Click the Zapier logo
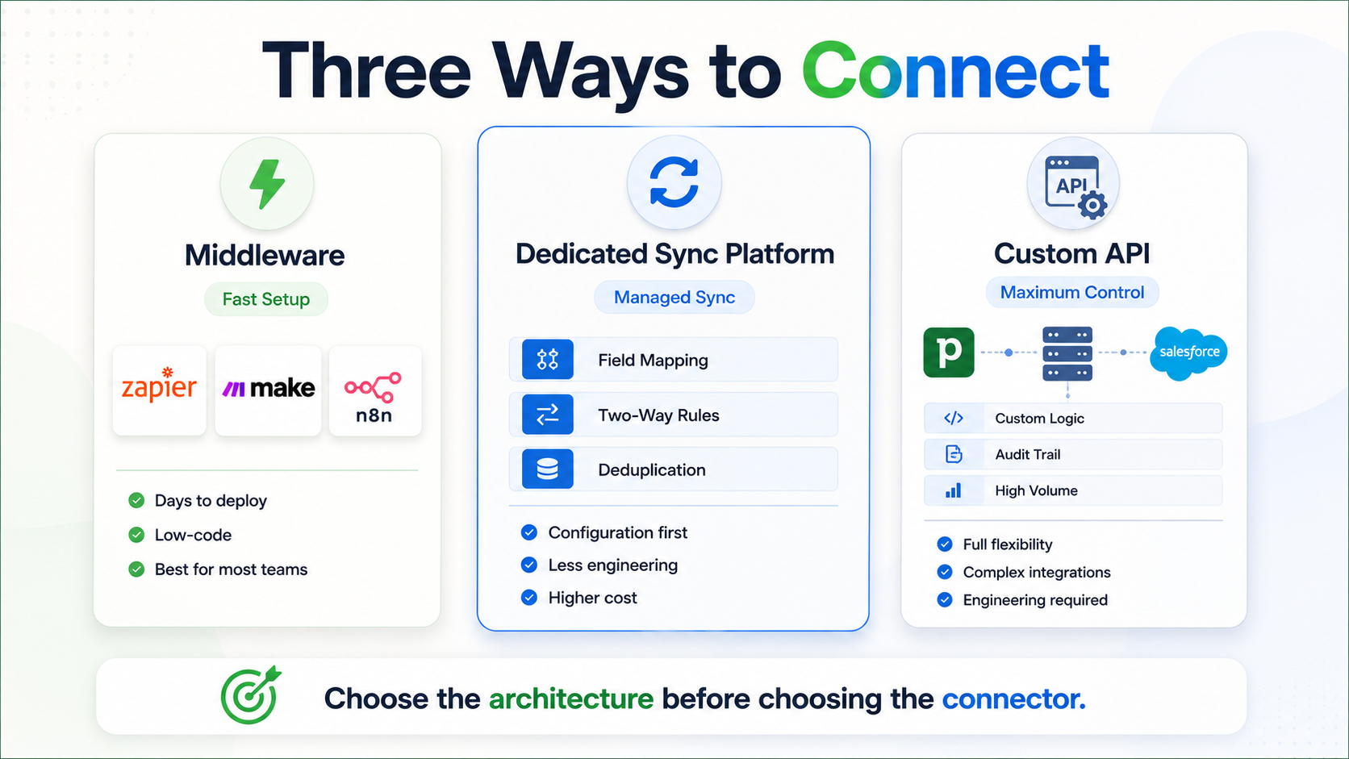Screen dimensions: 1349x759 (159, 386)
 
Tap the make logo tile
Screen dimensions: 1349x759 (268, 390)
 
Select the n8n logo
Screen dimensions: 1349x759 (374, 398)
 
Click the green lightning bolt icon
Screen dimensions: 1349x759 (267, 184)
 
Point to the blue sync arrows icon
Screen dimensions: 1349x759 (674, 182)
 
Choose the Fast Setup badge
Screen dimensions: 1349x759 (266, 299)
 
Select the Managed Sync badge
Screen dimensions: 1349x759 (674, 298)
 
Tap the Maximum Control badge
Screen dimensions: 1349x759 (1072, 293)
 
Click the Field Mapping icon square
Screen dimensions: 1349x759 (548, 360)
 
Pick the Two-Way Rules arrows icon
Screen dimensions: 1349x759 (548, 415)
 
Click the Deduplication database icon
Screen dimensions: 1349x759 (548, 469)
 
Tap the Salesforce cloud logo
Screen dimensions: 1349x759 (1188, 352)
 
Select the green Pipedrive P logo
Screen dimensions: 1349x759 (949, 352)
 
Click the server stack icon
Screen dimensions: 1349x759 (1067, 354)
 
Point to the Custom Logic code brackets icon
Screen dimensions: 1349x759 (954, 419)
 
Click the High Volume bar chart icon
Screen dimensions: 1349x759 (954, 490)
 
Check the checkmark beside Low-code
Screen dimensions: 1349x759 (136, 535)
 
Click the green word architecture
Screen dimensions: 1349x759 (571, 699)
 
